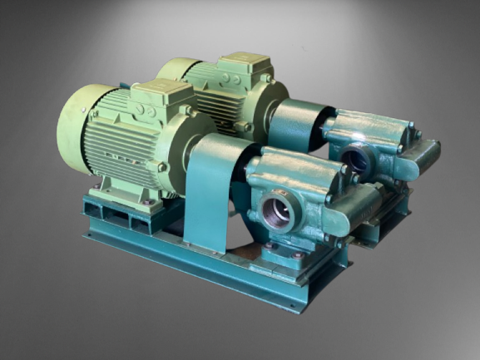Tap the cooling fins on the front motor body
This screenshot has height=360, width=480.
[x=125, y=150]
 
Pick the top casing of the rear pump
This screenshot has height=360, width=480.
[x=366, y=125]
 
